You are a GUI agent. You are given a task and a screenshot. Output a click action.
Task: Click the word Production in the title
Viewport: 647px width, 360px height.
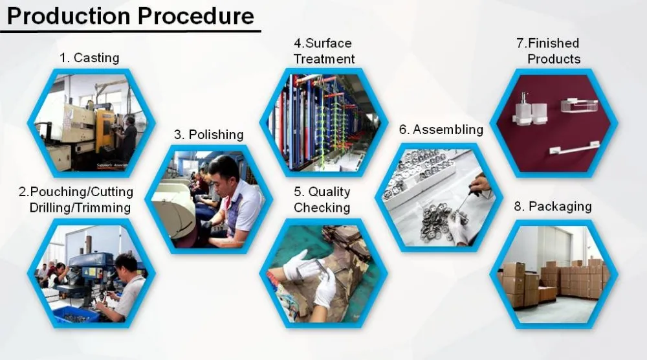69,16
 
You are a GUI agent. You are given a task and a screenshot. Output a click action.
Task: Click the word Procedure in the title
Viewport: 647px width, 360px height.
195,16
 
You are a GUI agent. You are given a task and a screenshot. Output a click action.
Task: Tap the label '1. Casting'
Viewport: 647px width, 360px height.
89,58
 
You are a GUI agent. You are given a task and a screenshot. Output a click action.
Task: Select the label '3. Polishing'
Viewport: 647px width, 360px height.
208,135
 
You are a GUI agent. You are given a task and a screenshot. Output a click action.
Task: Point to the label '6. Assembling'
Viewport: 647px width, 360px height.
441,129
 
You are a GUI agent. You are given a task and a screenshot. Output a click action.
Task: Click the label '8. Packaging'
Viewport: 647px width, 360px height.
553,207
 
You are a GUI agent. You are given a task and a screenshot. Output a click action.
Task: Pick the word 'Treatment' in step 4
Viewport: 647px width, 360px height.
324,59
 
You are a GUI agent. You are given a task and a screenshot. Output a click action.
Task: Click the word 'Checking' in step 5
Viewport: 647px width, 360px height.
322,208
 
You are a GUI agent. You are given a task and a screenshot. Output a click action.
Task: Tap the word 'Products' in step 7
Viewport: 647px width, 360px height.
554,59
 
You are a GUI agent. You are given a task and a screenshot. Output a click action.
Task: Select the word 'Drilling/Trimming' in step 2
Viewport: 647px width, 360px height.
80,208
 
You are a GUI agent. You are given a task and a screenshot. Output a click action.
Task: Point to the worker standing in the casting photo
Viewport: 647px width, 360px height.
128,140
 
